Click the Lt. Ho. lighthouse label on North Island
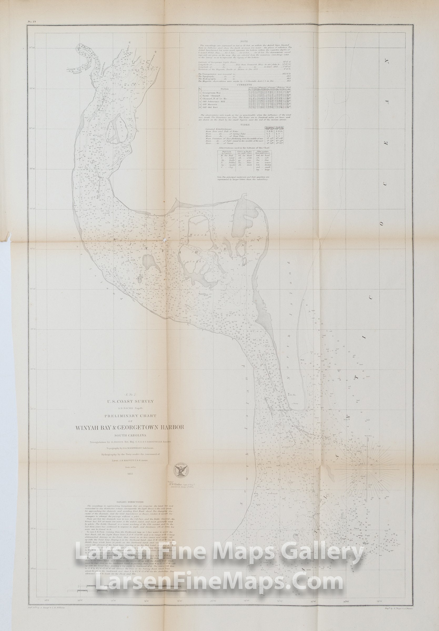[x=292, y=395]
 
